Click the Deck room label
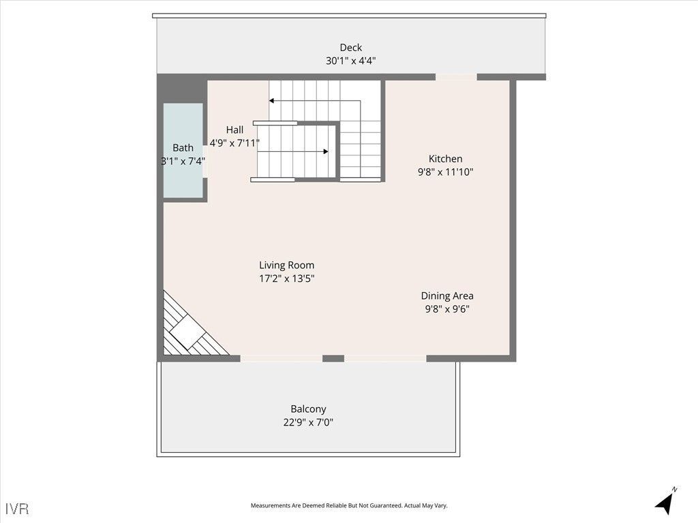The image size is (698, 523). [x=350, y=48]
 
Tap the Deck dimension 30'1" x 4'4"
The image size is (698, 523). [x=350, y=61]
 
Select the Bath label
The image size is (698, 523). [x=183, y=148]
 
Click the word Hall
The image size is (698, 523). [x=234, y=130]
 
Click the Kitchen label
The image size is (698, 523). [x=445, y=159]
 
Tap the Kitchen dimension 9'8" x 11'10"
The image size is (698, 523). [x=445, y=172]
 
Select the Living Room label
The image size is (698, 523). [x=286, y=265]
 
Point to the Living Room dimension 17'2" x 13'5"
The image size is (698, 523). [x=286, y=278]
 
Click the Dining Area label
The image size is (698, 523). [x=446, y=296]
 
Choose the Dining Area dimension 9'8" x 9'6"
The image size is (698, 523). [x=446, y=308]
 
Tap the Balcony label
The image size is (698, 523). [x=308, y=409]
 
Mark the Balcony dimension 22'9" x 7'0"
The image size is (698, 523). [x=308, y=422]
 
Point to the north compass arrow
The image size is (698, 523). [x=665, y=503]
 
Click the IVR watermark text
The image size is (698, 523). [x=18, y=509]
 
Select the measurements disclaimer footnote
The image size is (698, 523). [x=348, y=505]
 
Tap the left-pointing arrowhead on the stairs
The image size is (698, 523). [x=271, y=101]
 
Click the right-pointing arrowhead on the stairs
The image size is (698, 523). [x=326, y=152]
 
